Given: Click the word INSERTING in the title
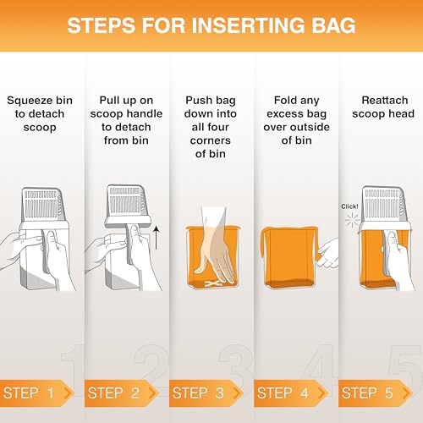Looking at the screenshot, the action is [248, 25].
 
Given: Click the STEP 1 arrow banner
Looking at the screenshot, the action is [36, 393].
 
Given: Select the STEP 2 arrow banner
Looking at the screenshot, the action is [121, 393].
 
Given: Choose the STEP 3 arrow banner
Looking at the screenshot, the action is [206, 393].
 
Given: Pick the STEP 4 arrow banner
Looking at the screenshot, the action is [291, 393].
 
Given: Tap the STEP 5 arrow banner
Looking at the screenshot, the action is [376, 393].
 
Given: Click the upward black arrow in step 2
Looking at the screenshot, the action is [157, 238].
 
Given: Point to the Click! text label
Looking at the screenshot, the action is [349, 206].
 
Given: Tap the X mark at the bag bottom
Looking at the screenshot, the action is [212, 283].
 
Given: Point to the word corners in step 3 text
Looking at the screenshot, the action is [211, 140].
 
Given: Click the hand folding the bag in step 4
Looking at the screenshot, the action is [327, 253].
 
